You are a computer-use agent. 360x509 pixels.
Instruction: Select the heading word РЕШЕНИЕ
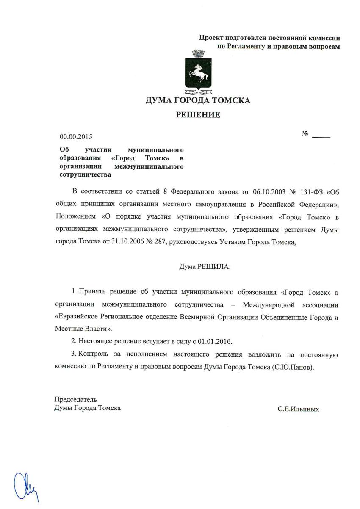click(198, 115)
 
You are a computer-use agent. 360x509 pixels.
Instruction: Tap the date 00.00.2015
click(75, 137)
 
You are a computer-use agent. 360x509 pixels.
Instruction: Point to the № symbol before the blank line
click(305, 134)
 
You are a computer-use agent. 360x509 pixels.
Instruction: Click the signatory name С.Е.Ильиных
click(298, 409)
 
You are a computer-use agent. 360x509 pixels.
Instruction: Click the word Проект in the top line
click(211, 38)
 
